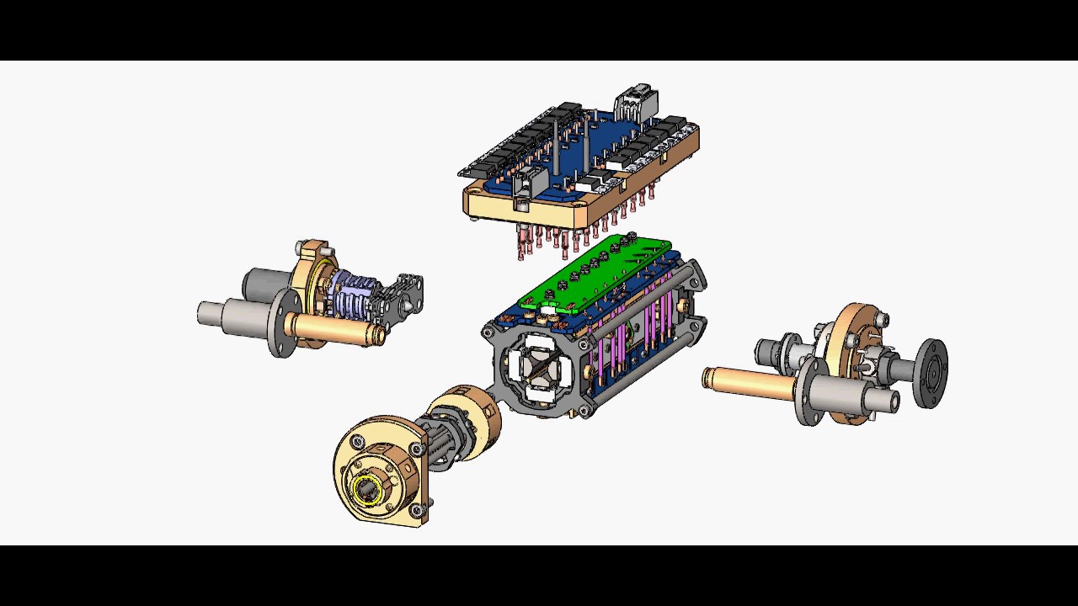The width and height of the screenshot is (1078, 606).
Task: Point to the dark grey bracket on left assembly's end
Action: pyautogui.click(x=403, y=295)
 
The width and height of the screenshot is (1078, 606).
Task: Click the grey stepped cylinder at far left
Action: pyautogui.click(x=221, y=314)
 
